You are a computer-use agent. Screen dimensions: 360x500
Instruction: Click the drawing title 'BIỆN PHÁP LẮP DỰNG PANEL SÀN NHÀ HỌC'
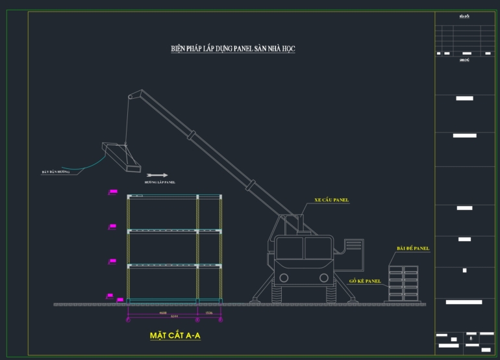coord(232,49)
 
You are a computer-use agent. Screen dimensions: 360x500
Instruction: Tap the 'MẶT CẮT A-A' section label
coord(174,336)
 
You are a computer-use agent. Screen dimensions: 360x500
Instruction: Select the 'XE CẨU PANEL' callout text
coord(332,200)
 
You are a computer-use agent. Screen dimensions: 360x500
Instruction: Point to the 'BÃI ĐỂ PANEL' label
coord(413,248)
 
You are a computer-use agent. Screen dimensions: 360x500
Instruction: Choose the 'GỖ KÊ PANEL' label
coord(364,281)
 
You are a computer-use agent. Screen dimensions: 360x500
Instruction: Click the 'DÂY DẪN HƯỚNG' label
coord(56,172)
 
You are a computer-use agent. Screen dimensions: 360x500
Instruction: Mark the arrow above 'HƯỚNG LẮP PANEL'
coord(157,175)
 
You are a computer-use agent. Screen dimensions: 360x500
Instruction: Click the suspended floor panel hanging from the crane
coord(121,157)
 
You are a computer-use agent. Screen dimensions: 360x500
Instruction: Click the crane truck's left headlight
coord(283,277)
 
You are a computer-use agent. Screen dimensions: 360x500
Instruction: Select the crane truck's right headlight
coord(323,277)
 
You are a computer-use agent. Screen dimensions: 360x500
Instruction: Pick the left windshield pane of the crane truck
coord(290,246)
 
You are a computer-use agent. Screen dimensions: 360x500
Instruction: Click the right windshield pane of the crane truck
coord(318,246)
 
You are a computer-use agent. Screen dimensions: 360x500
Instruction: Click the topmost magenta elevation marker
coord(113,191)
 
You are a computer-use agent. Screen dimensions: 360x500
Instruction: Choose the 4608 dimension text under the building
coord(163,313)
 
